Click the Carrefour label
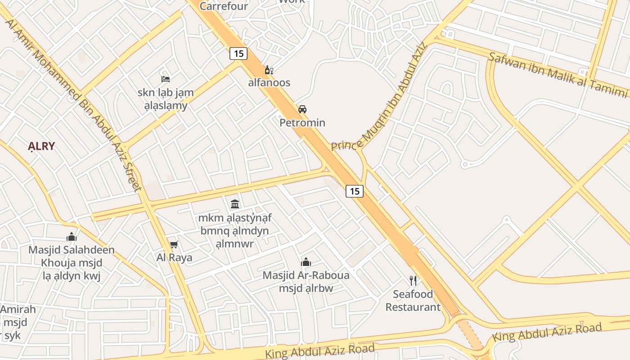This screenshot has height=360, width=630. coord(224,6)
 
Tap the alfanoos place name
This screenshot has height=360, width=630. coord(269,83)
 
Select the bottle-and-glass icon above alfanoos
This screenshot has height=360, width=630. coord(269,70)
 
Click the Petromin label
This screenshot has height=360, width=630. coord(302,122)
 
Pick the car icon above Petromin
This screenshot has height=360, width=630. coord(302,109)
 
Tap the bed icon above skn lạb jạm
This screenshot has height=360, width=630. coord(166,79)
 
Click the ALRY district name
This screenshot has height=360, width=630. coord(41,146)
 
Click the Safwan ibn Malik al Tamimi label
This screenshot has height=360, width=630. coord(558,74)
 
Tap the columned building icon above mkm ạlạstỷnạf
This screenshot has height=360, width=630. coord(235,204)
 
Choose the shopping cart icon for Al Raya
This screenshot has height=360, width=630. coord(174,245)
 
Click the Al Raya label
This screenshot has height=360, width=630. coord(174,257)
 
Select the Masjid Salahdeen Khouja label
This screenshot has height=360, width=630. coord(72,256)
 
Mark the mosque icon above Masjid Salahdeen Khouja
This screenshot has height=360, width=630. coord(72,237)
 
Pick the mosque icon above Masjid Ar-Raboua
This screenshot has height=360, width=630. coord(306,262)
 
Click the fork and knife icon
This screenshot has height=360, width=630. coord(413,281)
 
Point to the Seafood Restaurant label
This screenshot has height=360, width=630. coord(413,301)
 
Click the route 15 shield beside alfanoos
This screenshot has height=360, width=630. coord(238,54)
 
